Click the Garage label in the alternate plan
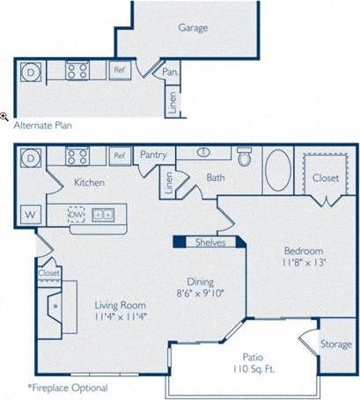pyautogui.click(x=193, y=27)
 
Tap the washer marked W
pyautogui.click(x=29, y=214)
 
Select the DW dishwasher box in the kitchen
pyautogui.click(x=78, y=214)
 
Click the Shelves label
pyautogui.click(x=210, y=243)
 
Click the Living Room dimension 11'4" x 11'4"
pyautogui.click(x=119, y=316)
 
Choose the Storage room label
pyautogui.click(x=335, y=344)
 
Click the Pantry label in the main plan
pyautogui.click(x=153, y=155)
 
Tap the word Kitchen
pyautogui.click(x=90, y=183)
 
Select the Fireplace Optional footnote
pyautogui.click(x=68, y=388)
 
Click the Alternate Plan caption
pyautogui.click(x=42, y=125)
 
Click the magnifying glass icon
pyautogui.click(x=4, y=116)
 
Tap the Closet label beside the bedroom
pyautogui.click(x=324, y=178)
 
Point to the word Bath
pyautogui.click(x=217, y=178)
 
